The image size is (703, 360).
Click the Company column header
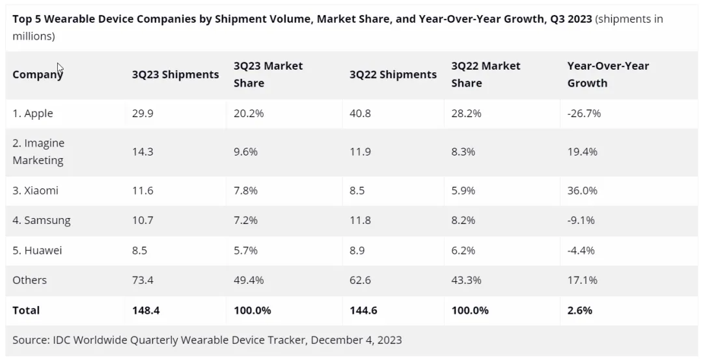click(x=37, y=74)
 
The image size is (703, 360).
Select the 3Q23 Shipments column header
click(x=175, y=74)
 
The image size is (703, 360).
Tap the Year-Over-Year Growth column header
click(x=608, y=74)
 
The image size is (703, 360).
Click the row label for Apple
click(x=33, y=113)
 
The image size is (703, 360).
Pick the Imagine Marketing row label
click(x=38, y=152)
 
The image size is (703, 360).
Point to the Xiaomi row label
click(x=35, y=191)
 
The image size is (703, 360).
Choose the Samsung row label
click(x=41, y=220)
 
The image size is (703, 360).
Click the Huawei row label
click(x=37, y=250)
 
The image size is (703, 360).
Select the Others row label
click(x=29, y=280)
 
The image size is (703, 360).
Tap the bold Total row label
click(x=26, y=311)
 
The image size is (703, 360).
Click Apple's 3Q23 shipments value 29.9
click(x=143, y=113)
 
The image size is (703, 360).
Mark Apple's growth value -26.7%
click(x=584, y=113)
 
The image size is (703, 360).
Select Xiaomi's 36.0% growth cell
click(x=582, y=191)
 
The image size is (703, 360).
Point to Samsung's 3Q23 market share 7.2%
click(x=245, y=220)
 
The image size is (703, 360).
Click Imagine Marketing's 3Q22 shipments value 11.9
click(x=360, y=152)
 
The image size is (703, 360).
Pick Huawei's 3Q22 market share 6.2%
click(x=463, y=250)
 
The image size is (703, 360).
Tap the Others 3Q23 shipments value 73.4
click(x=143, y=280)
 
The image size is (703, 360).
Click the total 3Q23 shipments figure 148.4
click(x=145, y=311)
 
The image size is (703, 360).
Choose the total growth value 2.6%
click(x=579, y=311)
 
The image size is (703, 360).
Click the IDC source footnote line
click(x=207, y=340)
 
